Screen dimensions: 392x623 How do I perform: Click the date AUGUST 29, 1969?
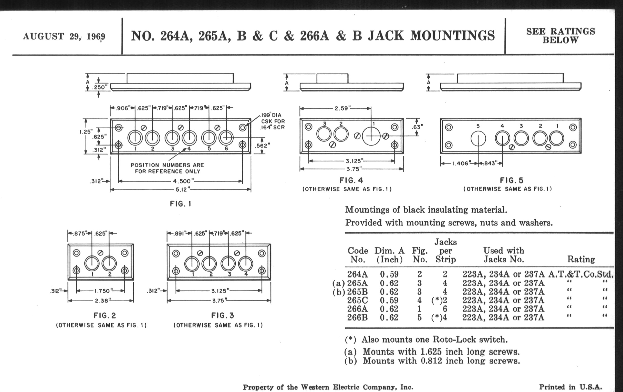[x=64, y=36]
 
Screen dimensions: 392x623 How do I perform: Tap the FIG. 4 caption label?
[x=351, y=180]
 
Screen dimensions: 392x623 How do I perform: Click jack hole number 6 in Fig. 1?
[x=226, y=138]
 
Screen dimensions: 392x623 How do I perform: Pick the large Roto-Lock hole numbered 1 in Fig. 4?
[x=371, y=136]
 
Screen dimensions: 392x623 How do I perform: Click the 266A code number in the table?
[x=357, y=309]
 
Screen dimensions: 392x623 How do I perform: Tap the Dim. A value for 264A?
[x=389, y=274]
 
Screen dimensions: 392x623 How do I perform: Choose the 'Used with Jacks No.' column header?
[x=504, y=255]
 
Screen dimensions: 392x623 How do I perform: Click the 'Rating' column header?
[x=581, y=259]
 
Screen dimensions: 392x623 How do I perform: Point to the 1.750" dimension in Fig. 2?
[x=102, y=291]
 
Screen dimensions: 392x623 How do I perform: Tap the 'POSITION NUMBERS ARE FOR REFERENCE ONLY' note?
[x=167, y=168]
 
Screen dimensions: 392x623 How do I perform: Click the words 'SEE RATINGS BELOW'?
[x=560, y=36]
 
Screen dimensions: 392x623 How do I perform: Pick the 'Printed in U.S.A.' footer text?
[x=570, y=387]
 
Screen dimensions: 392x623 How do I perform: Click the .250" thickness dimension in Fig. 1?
[x=100, y=87]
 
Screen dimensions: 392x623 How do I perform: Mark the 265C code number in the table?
[x=357, y=300]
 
